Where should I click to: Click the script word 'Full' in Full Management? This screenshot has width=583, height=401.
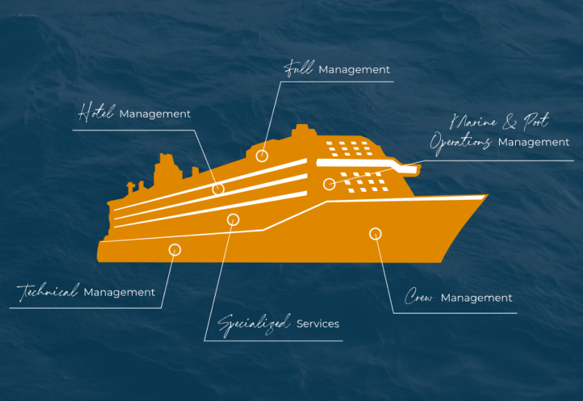click(x=298, y=69)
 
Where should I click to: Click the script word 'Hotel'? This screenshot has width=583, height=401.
click(x=96, y=113)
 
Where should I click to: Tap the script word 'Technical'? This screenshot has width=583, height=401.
click(x=48, y=292)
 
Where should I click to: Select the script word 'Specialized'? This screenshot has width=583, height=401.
click(x=254, y=323)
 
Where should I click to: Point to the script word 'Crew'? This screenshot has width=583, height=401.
click(x=420, y=297)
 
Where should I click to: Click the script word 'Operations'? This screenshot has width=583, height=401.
click(x=460, y=142)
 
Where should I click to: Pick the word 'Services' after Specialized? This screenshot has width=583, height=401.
click(x=318, y=323)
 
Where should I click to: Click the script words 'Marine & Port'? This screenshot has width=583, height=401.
click(x=500, y=121)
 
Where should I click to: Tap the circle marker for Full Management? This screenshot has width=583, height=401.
click(x=262, y=155)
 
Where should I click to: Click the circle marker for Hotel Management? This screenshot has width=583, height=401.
click(x=218, y=189)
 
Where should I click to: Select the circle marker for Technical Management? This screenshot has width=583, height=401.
click(x=175, y=249)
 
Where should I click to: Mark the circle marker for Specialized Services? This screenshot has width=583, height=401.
click(x=233, y=219)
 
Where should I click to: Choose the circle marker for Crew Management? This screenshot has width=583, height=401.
click(x=375, y=233)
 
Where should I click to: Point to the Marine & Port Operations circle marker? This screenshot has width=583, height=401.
click(x=329, y=184)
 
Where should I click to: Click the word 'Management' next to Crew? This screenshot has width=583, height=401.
click(x=477, y=297)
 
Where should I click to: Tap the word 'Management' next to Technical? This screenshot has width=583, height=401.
click(x=120, y=292)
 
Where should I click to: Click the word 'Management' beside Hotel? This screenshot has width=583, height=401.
click(x=155, y=114)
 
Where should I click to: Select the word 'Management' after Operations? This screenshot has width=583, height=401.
click(x=533, y=142)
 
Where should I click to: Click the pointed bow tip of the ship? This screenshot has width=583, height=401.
click(x=486, y=195)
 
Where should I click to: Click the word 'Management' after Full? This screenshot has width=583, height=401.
click(x=354, y=70)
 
